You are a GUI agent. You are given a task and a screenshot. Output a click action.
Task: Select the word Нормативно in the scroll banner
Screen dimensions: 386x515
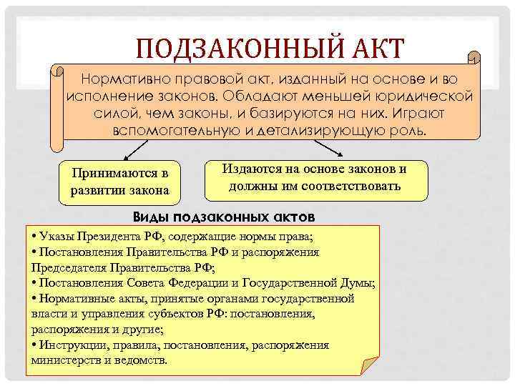coord(122,77)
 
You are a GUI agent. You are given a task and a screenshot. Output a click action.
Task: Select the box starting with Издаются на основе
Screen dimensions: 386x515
coord(315,179)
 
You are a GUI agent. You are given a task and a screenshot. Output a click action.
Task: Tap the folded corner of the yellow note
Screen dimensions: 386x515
coord(371,361)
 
